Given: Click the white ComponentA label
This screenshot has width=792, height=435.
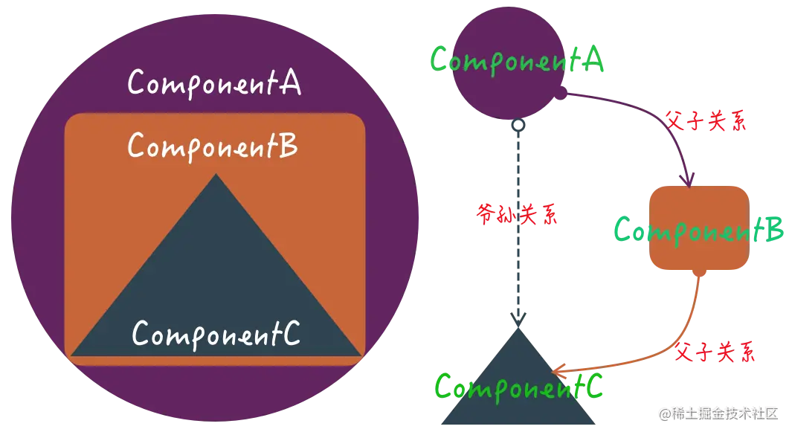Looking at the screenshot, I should coord(214,83).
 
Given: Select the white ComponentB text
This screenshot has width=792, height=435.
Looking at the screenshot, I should coord(213,146).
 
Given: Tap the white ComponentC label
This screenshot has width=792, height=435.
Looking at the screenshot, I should coord(216,335).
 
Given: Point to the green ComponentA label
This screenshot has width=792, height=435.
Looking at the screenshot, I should coord(518,60).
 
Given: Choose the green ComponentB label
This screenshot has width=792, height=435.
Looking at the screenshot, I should coord(699,231).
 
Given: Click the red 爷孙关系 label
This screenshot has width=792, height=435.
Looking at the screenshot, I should coord(518,215).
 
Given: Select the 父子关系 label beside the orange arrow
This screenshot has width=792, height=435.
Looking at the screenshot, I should coord(714,352).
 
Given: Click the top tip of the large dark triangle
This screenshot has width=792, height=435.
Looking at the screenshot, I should coord(216,175).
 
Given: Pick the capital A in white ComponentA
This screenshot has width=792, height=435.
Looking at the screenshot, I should coord(289,83).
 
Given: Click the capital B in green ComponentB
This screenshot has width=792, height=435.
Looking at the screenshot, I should coord(773,231).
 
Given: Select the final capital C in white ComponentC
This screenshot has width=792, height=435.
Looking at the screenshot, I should coord(291,335).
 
